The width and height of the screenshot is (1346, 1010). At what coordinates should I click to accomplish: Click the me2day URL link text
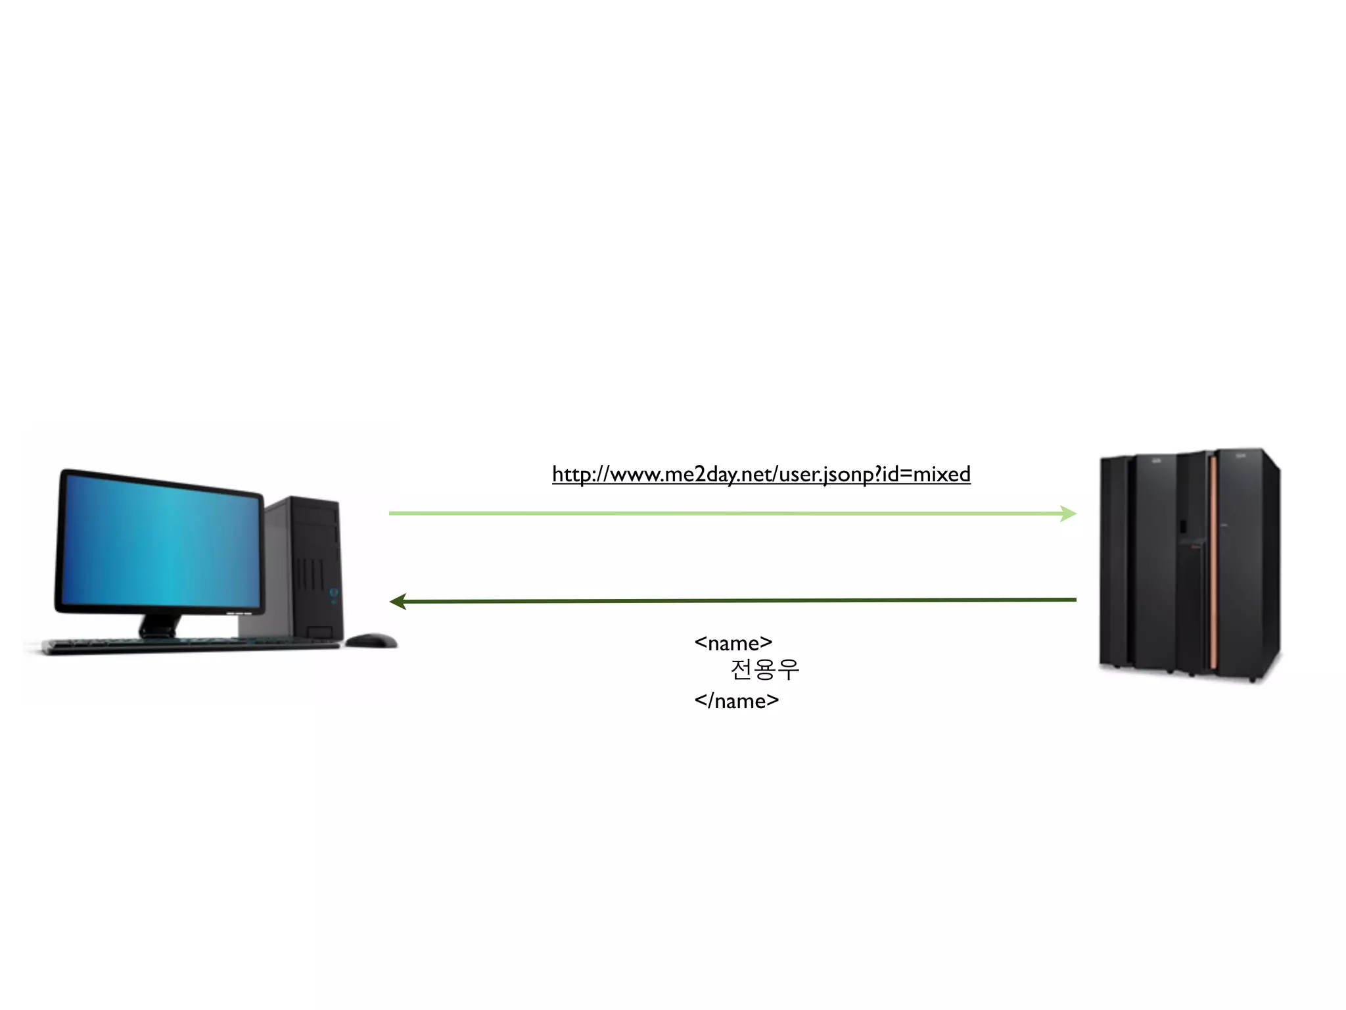[x=761, y=474]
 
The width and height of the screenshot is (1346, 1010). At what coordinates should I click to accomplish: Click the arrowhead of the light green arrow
[x=1069, y=514]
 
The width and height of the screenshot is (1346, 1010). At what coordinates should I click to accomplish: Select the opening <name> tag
[x=733, y=642]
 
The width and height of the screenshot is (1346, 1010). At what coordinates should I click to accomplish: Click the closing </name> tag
[x=736, y=701]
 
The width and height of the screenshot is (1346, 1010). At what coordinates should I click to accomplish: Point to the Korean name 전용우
[x=764, y=670]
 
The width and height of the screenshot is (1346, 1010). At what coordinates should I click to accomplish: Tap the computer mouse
[x=371, y=640]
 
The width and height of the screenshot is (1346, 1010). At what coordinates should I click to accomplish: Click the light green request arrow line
[x=723, y=514]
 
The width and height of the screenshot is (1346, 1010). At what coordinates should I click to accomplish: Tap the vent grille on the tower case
[x=308, y=575]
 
